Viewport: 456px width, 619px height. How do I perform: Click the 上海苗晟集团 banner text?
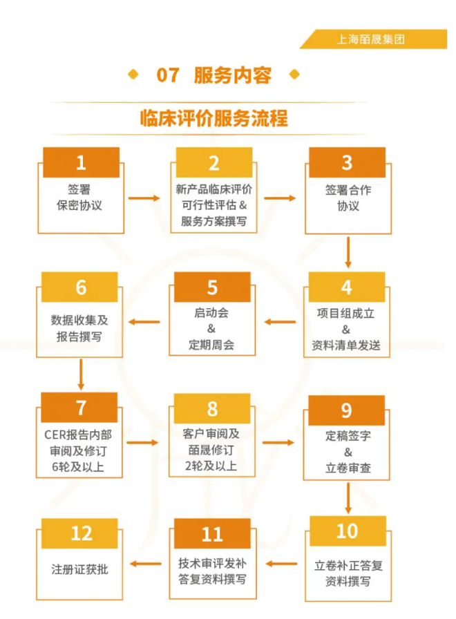(370, 39)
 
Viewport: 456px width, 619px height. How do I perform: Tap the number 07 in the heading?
(168, 75)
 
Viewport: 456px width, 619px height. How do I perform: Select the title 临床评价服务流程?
(214, 118)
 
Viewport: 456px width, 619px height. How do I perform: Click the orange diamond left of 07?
(133, 74)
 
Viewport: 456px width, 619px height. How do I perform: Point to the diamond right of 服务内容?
(294, 74)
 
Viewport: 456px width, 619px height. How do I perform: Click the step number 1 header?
(81, 162)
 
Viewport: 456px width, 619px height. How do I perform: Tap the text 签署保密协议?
(79, 198)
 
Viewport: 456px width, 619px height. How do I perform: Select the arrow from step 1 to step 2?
(144, 198)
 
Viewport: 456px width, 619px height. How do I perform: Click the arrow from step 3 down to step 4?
(348, 253)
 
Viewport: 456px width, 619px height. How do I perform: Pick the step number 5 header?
(212, 287)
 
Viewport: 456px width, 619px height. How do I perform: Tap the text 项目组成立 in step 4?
(346, 314)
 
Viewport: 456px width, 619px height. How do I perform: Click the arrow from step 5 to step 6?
(144, 322)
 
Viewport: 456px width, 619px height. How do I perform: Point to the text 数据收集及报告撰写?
(79, 328)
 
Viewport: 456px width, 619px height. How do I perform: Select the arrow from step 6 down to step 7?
(81, 374)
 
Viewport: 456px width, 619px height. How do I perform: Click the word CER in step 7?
(56, 435)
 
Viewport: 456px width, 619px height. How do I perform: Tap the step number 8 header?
(212, 408)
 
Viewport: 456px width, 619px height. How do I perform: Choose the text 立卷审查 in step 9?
(348, 468)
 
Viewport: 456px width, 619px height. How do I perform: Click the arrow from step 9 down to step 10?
(348, 498)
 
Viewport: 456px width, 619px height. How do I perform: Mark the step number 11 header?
(212, 534)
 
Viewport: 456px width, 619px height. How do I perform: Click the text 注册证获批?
(79, 569)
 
